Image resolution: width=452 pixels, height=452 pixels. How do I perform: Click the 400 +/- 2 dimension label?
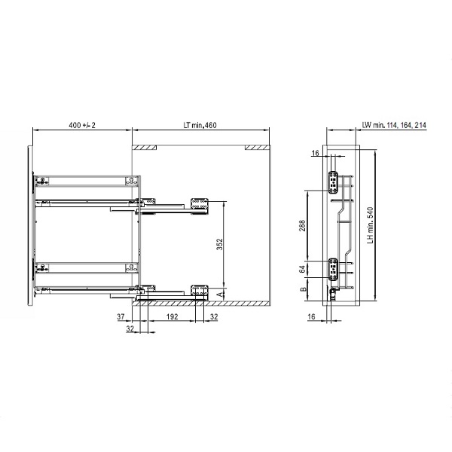click(x=82, y=125)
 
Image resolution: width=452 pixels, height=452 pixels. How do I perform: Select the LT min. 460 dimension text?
click(x=200, y=125)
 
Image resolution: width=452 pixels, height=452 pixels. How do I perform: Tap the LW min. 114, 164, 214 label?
click(x=394, y=125)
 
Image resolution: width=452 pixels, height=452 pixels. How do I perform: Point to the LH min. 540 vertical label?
click(x=371, y=225)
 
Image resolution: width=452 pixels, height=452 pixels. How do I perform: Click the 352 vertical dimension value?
click(x=220, y=244)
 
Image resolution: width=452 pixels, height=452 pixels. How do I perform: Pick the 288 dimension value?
click(x=302, y=226)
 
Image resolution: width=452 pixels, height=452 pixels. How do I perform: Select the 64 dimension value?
click(x=302, y=270)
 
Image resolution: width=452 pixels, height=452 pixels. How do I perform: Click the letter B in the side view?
click(x=304, y=289)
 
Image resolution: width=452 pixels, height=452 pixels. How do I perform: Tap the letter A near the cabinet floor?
click(x=220, y=295)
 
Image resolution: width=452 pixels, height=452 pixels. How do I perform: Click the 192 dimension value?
click(x=172, y=316)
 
